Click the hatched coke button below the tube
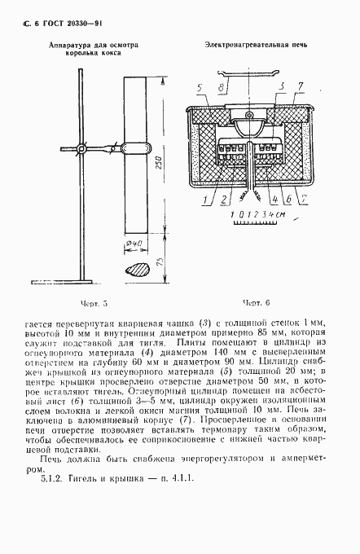pyautogui.click(x=135, y=268)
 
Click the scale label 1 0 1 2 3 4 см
pyautogui.click(x=257, y=214)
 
